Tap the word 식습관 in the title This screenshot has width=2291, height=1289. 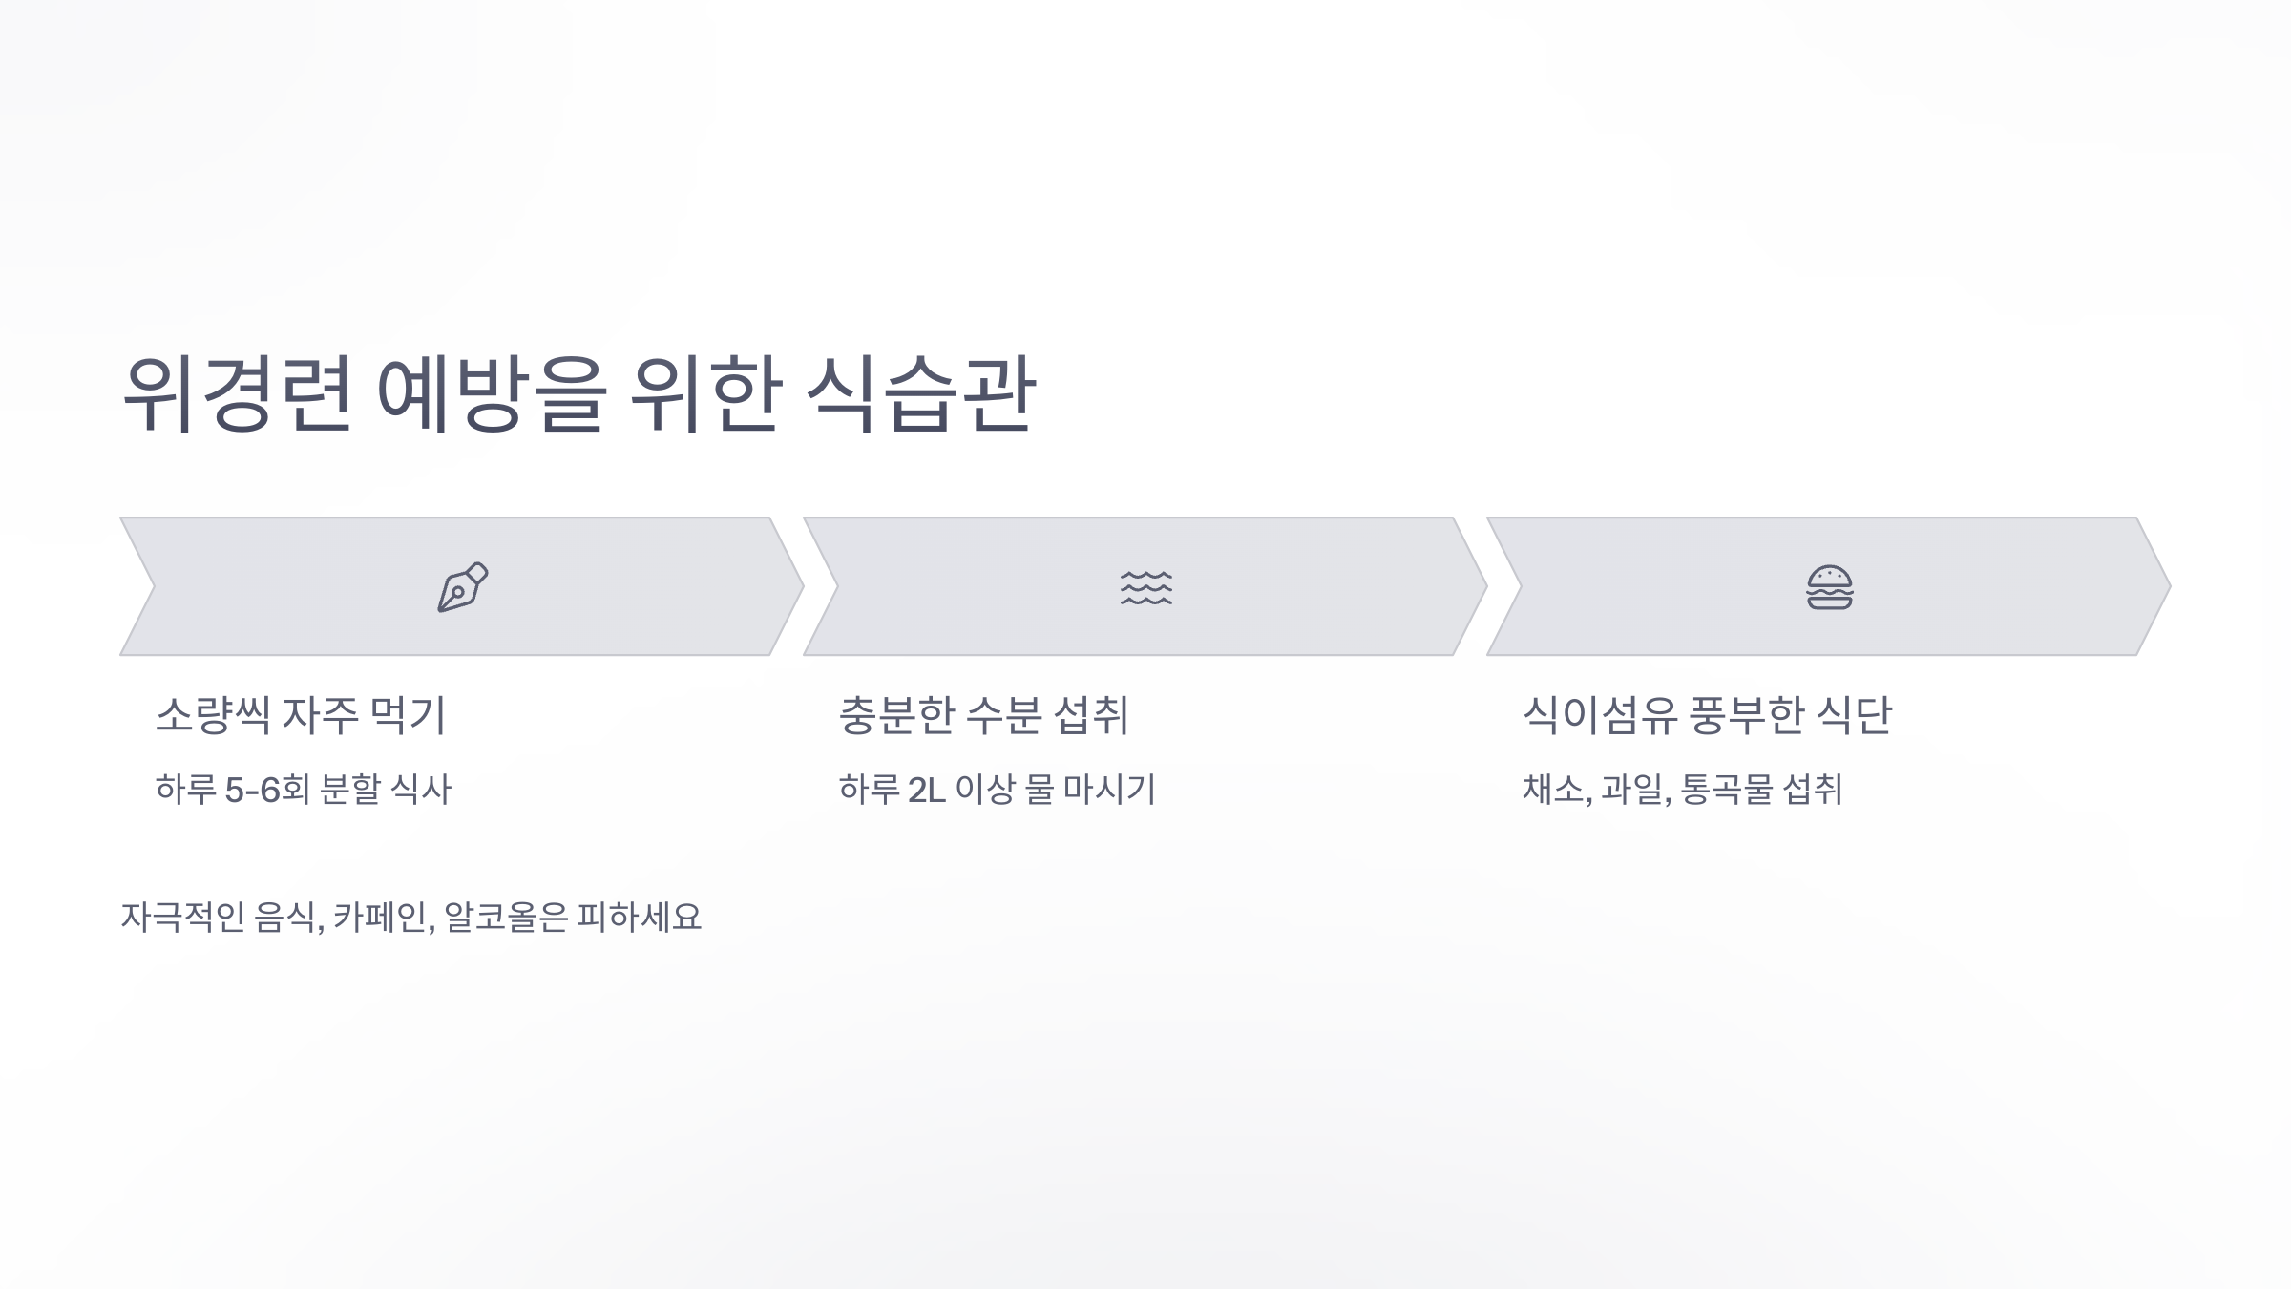click(920, 393)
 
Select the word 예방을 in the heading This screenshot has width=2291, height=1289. click(492, 393)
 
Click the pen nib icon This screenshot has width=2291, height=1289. click(462, 586)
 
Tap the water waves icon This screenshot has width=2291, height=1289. click(1145, 587)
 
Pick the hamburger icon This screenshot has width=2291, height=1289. click(1829, 587)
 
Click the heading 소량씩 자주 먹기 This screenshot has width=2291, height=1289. click(301, 715)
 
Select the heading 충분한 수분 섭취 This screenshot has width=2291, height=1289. click(983, 715)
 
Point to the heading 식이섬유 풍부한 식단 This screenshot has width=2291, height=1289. click(1706, 715)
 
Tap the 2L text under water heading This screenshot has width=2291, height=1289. click(926, 790)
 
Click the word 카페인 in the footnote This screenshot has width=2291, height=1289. click(382, 918)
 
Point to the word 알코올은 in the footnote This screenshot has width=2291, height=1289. click(506, 918)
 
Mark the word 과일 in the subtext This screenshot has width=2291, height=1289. click(1634, 790)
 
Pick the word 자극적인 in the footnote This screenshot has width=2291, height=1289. click(182, 918)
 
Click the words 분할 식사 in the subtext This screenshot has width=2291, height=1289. click(385, 790)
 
